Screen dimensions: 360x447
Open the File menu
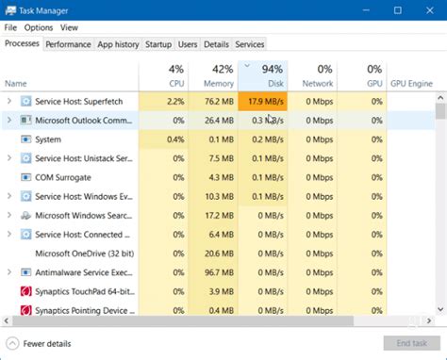(10, 27)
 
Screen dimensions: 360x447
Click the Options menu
(39, 27)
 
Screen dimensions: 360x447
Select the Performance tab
(68, 44)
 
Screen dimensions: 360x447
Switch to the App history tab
(118, 44)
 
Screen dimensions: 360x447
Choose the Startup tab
(158, 44)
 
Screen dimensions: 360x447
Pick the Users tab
(188, 44)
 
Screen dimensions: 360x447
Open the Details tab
(216, 44)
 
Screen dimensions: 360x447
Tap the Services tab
(250, 44)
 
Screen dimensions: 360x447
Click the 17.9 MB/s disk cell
(263, 101)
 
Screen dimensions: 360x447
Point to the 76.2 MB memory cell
(215, 101)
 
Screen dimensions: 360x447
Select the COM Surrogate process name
(63, 177)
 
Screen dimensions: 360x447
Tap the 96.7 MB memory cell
(215, 272)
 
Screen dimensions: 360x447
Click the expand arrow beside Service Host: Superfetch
(9, 101)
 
